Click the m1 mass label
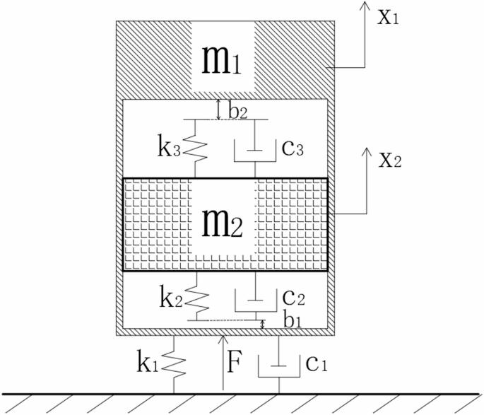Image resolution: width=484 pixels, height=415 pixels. click(x=222, y=61)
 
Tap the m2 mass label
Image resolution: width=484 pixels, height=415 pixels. click(x=223, y=225)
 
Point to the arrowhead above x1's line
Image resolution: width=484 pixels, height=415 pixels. click(x=365, y=6)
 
